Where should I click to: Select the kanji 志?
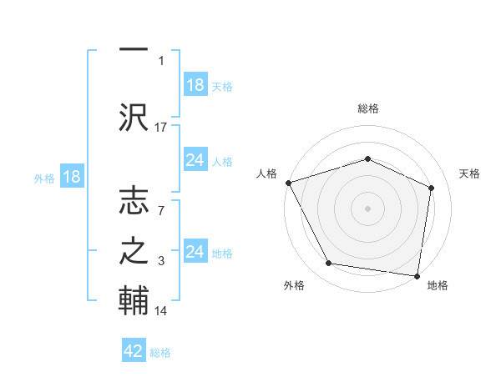click(x=134, y=202)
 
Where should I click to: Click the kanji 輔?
click(x=134, y=300)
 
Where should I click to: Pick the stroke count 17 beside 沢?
click(x=161, y=128)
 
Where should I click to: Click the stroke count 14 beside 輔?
click(x=161, y=311)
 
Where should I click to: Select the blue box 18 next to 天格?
click(x=195, y=85)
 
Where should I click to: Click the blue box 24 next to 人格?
click(x=195, y=160)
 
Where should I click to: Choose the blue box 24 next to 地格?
click(x=195, y=252)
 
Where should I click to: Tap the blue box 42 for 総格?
click(x=134, y=351)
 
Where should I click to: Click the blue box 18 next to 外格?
click(x=70, y=177)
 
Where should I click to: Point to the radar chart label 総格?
click(x=368, y=108)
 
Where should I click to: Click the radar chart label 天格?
click(x=470, y=173)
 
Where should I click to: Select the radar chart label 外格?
click(x=294, y=285)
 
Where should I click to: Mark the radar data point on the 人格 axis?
click(x=288, y=182)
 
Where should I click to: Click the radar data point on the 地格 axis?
click(x=417, y=275)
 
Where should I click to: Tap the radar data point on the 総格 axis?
click(x=368, y=158)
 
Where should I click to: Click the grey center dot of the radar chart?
click(x=368, y=208)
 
